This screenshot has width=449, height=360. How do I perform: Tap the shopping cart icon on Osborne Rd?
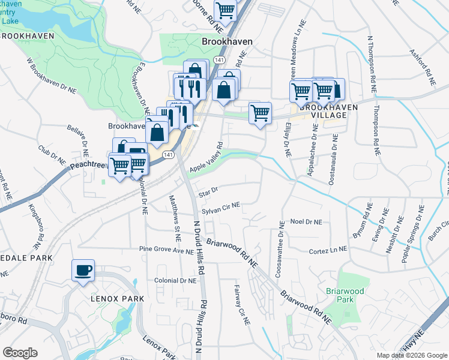pos(225,9)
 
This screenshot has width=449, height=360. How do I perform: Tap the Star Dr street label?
pos(208,190)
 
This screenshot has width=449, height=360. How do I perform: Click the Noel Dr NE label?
pos(306,221)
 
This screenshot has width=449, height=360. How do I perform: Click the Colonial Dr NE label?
pos(175,280)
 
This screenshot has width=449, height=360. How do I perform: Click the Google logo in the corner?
pos(20,352)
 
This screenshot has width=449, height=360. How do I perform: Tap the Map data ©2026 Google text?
pos(412,355)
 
